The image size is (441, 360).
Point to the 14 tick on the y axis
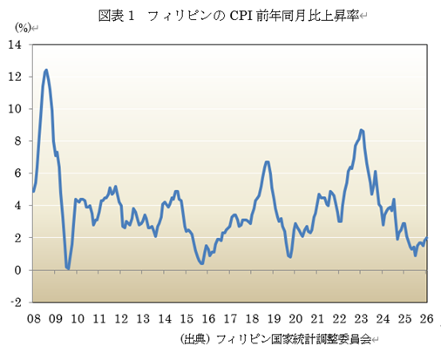[x=17, y=44]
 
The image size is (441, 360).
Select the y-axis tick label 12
[x=17, y=77]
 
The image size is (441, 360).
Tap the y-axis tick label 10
[x=17, y=109]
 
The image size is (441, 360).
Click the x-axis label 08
[x=34, y=318]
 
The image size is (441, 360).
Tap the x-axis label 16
[x=208, y=318]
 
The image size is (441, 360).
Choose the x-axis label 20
[x=295, y=318]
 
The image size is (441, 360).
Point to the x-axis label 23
[x=361, y=318]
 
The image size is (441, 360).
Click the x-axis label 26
[x=426, y=318]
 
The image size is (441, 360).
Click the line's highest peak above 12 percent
[x=45, y=71]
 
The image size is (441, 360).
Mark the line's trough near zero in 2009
[x=68, y=268]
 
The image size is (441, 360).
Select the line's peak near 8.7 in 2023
[x=362, y=130]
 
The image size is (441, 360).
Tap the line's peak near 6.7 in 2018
[x=267, y=162]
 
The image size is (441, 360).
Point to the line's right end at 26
[x=426, y=238]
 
